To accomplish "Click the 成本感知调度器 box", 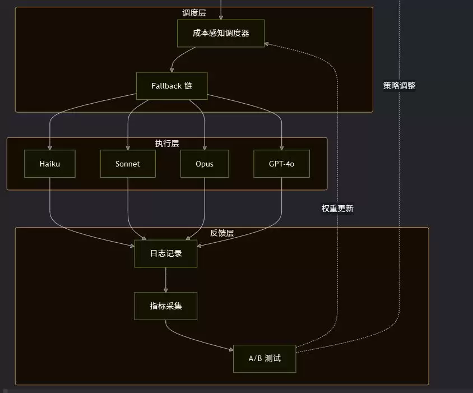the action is [221, 33].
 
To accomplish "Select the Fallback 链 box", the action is [171, 86].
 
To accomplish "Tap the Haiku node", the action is [50, 164].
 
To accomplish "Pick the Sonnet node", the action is [128, 164].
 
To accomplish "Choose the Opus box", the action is [205, 164].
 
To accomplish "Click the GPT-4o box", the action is [281, 164].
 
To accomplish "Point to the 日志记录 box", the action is [166, 253].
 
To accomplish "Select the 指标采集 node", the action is [166, 306].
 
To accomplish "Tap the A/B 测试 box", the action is [265, 359].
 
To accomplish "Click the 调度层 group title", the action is [194, 13].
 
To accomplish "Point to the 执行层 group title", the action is [167, 143].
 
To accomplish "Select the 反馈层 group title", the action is [222, 233].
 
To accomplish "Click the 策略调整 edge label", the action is [399, 86].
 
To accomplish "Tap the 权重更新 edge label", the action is [337, 209].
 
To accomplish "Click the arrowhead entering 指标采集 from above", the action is [166, 290].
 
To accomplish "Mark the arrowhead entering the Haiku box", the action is [50, 148].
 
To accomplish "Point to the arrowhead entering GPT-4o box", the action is [281, 148].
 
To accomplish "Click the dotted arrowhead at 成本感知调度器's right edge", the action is [266, 44].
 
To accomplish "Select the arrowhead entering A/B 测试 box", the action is [231, 349].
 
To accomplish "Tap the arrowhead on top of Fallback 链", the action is [171, 70].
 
